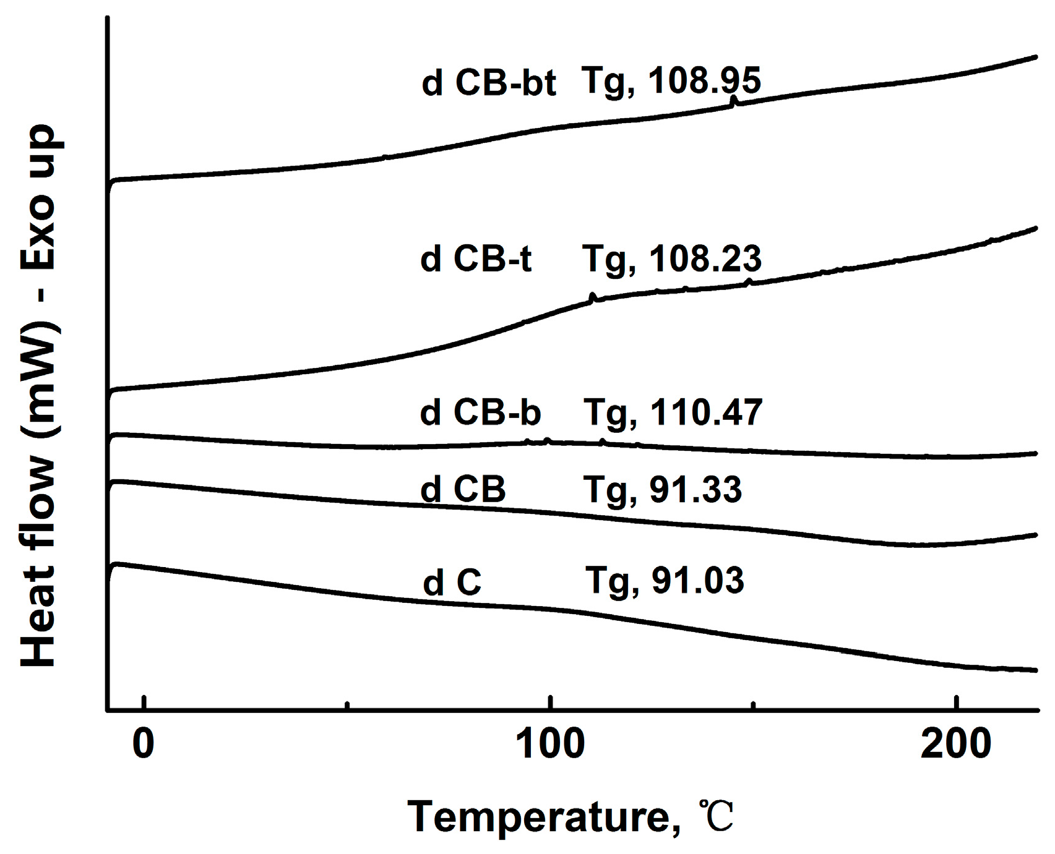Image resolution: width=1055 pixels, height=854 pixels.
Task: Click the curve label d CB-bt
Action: pyautogui.click(x=488, y=83)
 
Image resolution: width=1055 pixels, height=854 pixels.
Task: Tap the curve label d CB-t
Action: pyautogui.click(x=475, y=260)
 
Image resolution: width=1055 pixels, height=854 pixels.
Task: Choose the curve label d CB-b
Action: pyautogui.click(x=480, y=412)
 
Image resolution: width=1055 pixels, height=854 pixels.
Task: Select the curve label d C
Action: pyautogui.click(x=452, y=583)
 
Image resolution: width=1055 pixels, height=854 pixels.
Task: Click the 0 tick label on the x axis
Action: pyautogui.click(x=143, y=745)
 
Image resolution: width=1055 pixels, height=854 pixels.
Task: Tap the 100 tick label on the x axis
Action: pyautogui.click(x=550, y=745)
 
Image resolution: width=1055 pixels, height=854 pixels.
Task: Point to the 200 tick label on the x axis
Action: pyautogui.click(x=956, y=745)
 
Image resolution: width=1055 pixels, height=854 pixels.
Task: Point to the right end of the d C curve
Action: pyautogui.click(x=1035, y=670)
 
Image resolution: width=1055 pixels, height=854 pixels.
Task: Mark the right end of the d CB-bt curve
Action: pyautogui.click(x=1035, y=56)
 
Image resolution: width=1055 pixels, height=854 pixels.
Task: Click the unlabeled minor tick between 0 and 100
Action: pyautogui.click(x=347, y=704)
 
